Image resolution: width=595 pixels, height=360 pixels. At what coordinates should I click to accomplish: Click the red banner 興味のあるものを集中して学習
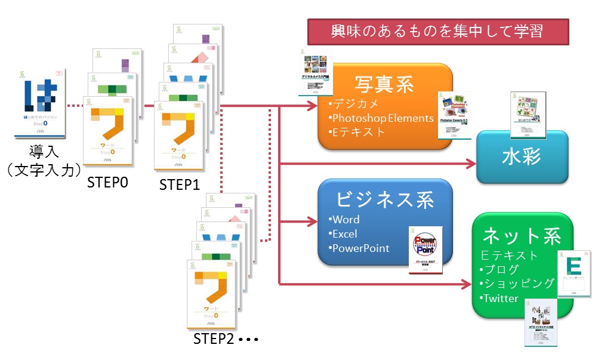[437, 31]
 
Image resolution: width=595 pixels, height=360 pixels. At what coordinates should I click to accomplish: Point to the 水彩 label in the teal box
[521, 157]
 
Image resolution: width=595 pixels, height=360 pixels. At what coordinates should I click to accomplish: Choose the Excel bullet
[344, 233]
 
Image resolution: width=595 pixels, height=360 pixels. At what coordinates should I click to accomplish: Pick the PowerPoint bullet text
[361, 248]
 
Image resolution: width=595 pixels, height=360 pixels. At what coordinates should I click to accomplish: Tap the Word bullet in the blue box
[346, 219]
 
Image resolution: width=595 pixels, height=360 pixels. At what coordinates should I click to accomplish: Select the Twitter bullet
[501, 298]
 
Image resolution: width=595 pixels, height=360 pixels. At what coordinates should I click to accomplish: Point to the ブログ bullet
[502, 269]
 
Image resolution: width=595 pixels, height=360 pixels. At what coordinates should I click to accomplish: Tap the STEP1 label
[179, 184]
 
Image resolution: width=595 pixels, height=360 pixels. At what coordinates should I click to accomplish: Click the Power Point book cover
[426, 250]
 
